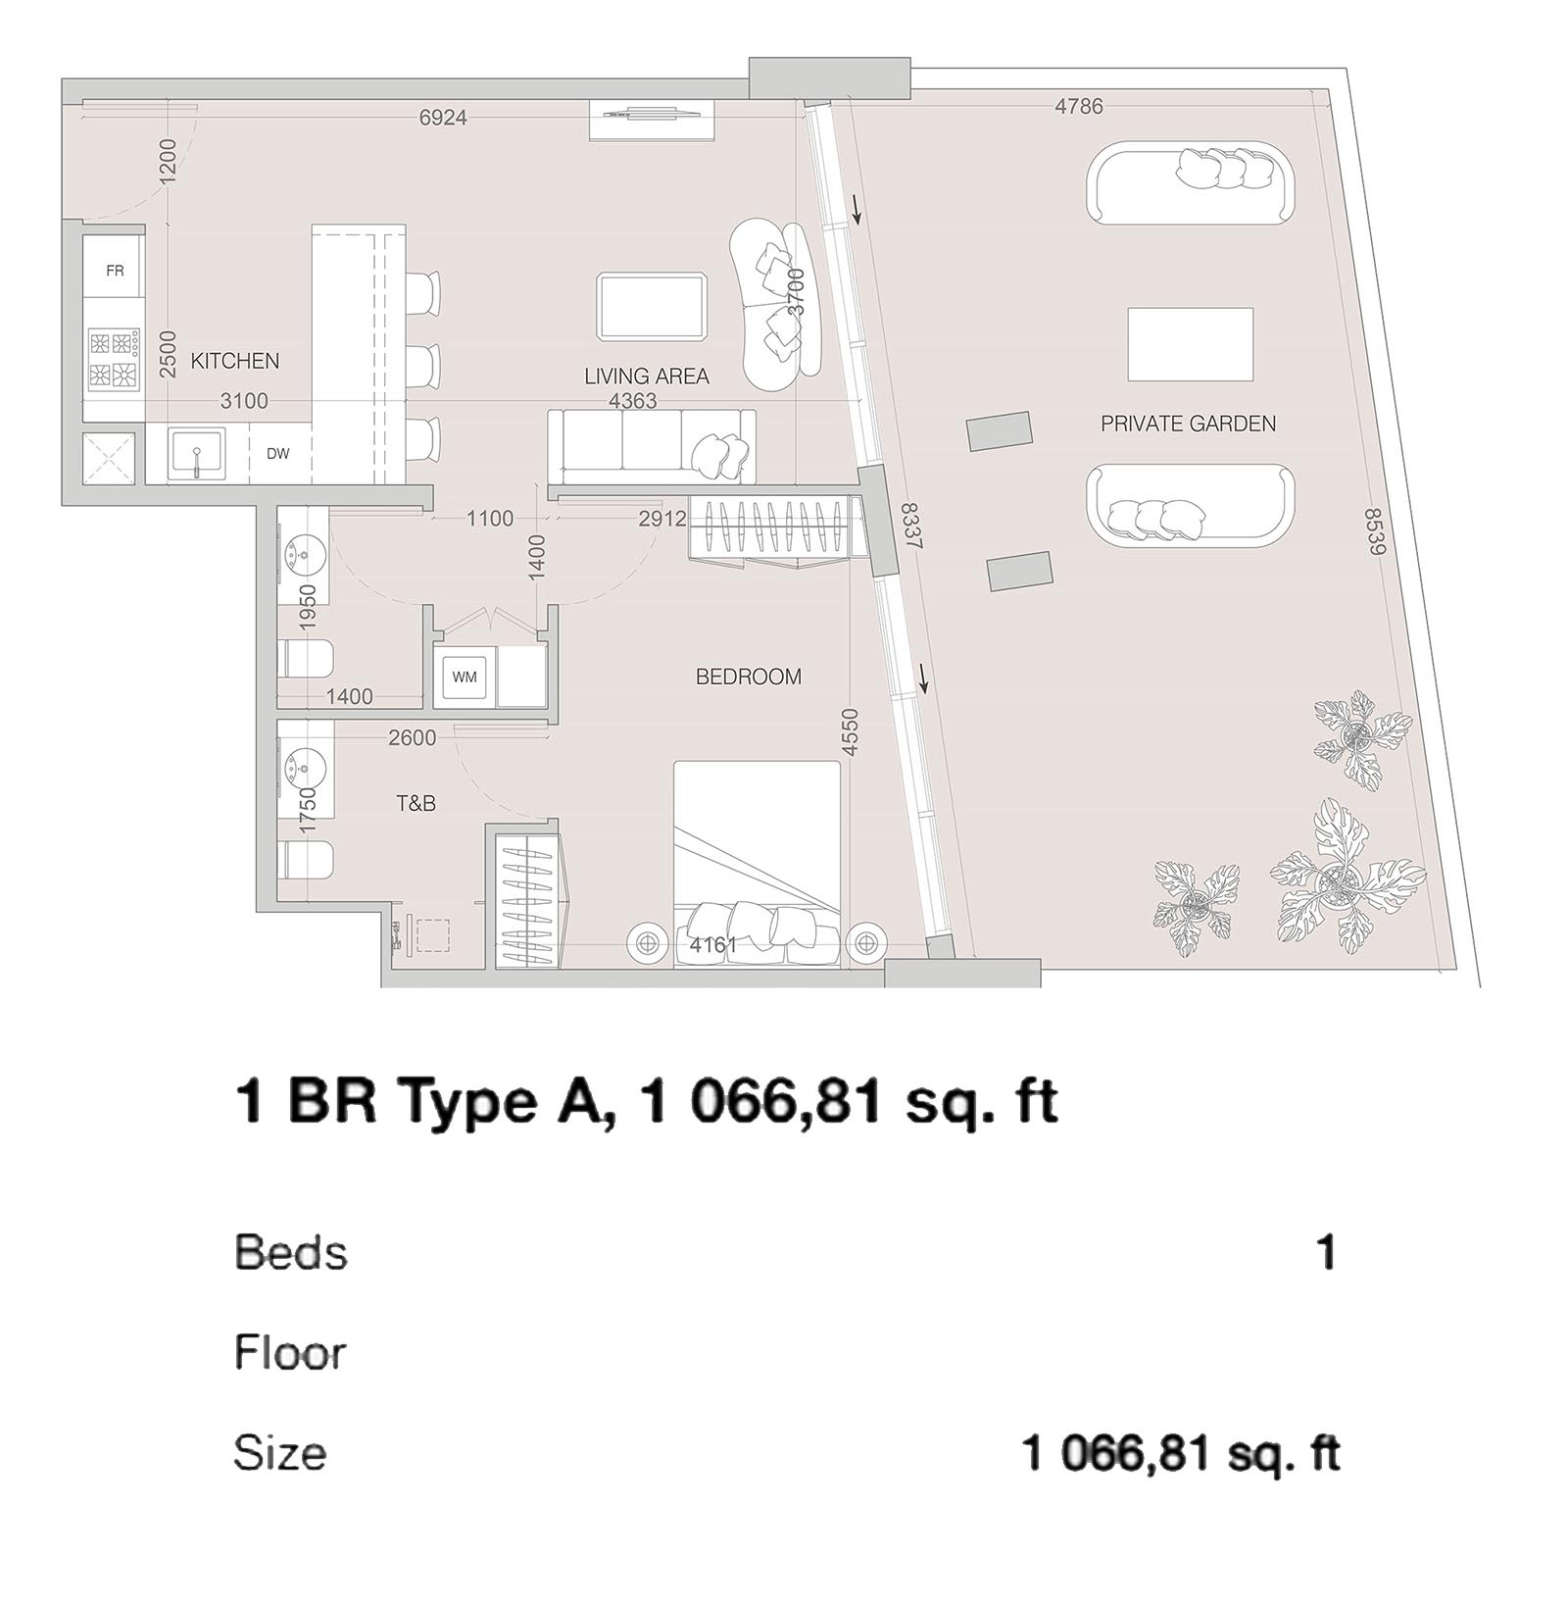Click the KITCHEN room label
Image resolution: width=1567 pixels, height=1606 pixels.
pos(234,361)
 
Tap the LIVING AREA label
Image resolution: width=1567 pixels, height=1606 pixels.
pos(646,376)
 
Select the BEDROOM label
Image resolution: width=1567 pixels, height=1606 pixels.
pos(748,677)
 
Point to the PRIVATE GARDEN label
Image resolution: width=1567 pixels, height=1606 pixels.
pos(1188,424)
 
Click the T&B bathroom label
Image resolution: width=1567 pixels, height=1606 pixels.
pos(416,804)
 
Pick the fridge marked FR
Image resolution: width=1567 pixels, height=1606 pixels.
pos(115,271)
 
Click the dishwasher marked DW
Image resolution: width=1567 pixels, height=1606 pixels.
pos(278,454)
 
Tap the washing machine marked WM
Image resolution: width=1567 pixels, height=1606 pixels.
pos(465,677)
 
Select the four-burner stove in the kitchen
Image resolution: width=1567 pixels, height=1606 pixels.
pos(113,360)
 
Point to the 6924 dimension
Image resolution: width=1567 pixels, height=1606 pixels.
pos(443,118)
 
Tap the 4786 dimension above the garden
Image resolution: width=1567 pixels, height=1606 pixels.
pos(1078,106)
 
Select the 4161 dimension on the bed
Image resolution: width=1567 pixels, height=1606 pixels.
pos(712,945)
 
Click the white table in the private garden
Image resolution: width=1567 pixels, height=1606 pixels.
pos(1190,344)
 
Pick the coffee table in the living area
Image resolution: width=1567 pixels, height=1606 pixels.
pos(652,307)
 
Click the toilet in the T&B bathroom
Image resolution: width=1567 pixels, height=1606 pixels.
pos(307,860)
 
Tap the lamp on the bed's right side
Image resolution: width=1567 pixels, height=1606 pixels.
pos(864,942)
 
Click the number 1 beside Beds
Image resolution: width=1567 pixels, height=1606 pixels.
pos(1326,1253)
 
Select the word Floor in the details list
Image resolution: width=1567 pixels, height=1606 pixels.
pos(290,1353)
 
